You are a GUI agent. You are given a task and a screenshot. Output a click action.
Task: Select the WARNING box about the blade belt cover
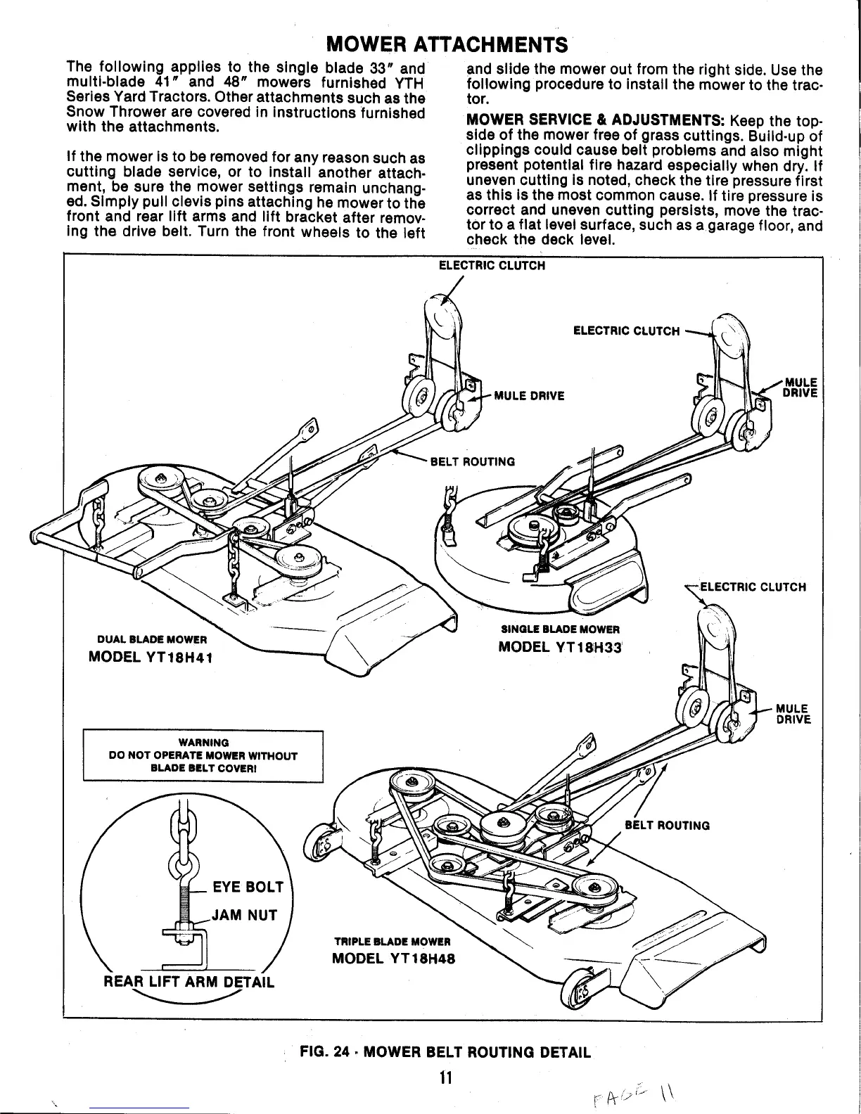(x=203, y=756)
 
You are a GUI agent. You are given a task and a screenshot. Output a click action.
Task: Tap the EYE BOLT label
(x=248, y=887)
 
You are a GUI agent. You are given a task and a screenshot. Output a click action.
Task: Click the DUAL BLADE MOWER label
(x=151, y=639)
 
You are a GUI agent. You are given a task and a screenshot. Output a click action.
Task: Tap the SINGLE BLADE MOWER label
(x=560, y=628)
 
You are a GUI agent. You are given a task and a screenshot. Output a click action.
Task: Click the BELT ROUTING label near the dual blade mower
(x=472, y=461)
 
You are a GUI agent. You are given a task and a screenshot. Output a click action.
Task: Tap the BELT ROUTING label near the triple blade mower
(x=667, y=825)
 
